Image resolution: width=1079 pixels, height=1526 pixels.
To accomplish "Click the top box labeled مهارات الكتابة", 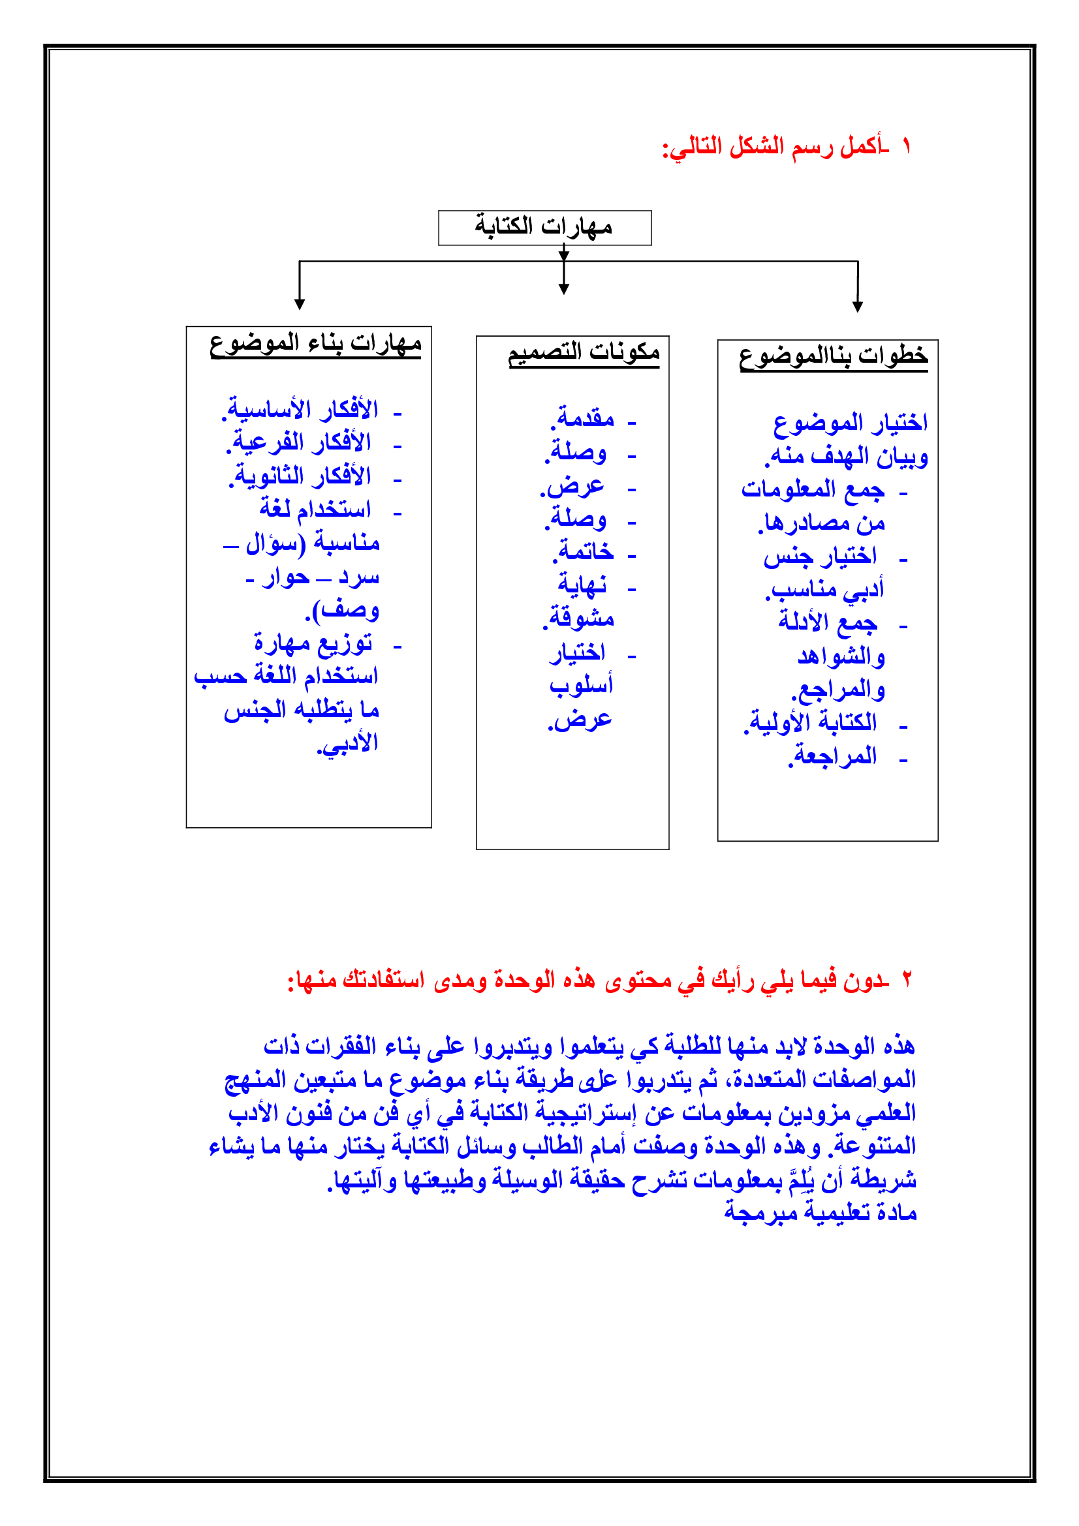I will click(x=544, y=227).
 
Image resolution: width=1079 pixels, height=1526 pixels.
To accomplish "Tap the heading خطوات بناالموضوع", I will click(x=833, y=356).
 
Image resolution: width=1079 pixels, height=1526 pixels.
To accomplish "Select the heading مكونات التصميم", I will click(x=584, y=352).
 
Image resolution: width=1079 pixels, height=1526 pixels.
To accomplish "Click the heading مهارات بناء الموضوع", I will click(x=315, y=344).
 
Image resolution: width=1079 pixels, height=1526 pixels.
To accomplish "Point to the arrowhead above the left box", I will click(x=300, y=304).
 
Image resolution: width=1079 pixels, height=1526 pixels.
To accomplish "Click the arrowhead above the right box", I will click(x=858, y=306).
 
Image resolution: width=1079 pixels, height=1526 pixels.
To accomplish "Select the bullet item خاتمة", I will click(x=584, y=552).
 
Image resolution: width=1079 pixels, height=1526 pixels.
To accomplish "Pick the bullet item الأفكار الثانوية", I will click(x=300, y=476).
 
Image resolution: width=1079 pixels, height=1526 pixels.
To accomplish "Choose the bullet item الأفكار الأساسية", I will click(x=300, y=410).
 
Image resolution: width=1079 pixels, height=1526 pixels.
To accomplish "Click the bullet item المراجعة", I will click(x=832, y=756).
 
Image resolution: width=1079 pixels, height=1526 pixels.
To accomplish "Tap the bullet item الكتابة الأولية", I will click(x=811, y=722).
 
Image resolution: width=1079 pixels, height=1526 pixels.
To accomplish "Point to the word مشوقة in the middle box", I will click(x=579, y=618).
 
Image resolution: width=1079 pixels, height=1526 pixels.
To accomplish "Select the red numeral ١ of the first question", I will click(x=906, y=146).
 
